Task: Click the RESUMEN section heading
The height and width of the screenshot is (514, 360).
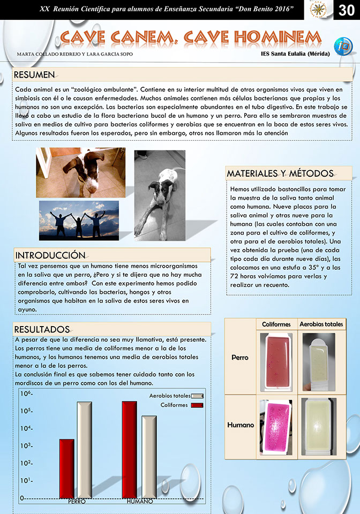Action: coord(34,74)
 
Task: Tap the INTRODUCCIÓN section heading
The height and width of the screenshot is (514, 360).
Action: coord(50,254)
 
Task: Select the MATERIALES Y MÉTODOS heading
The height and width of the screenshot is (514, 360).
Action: coord(280,173)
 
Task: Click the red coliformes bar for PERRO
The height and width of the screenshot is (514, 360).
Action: coord(66,468)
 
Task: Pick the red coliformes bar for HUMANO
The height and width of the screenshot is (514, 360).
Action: coord(129,450)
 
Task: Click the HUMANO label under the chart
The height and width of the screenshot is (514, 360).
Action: coord(140,502)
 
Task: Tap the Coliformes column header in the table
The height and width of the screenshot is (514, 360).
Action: coord(276,324)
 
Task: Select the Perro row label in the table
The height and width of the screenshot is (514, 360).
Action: coord(239,357)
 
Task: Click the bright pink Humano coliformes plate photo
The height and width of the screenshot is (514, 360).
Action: coord(277,426)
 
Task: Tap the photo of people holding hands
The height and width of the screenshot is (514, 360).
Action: coord(79,221)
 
